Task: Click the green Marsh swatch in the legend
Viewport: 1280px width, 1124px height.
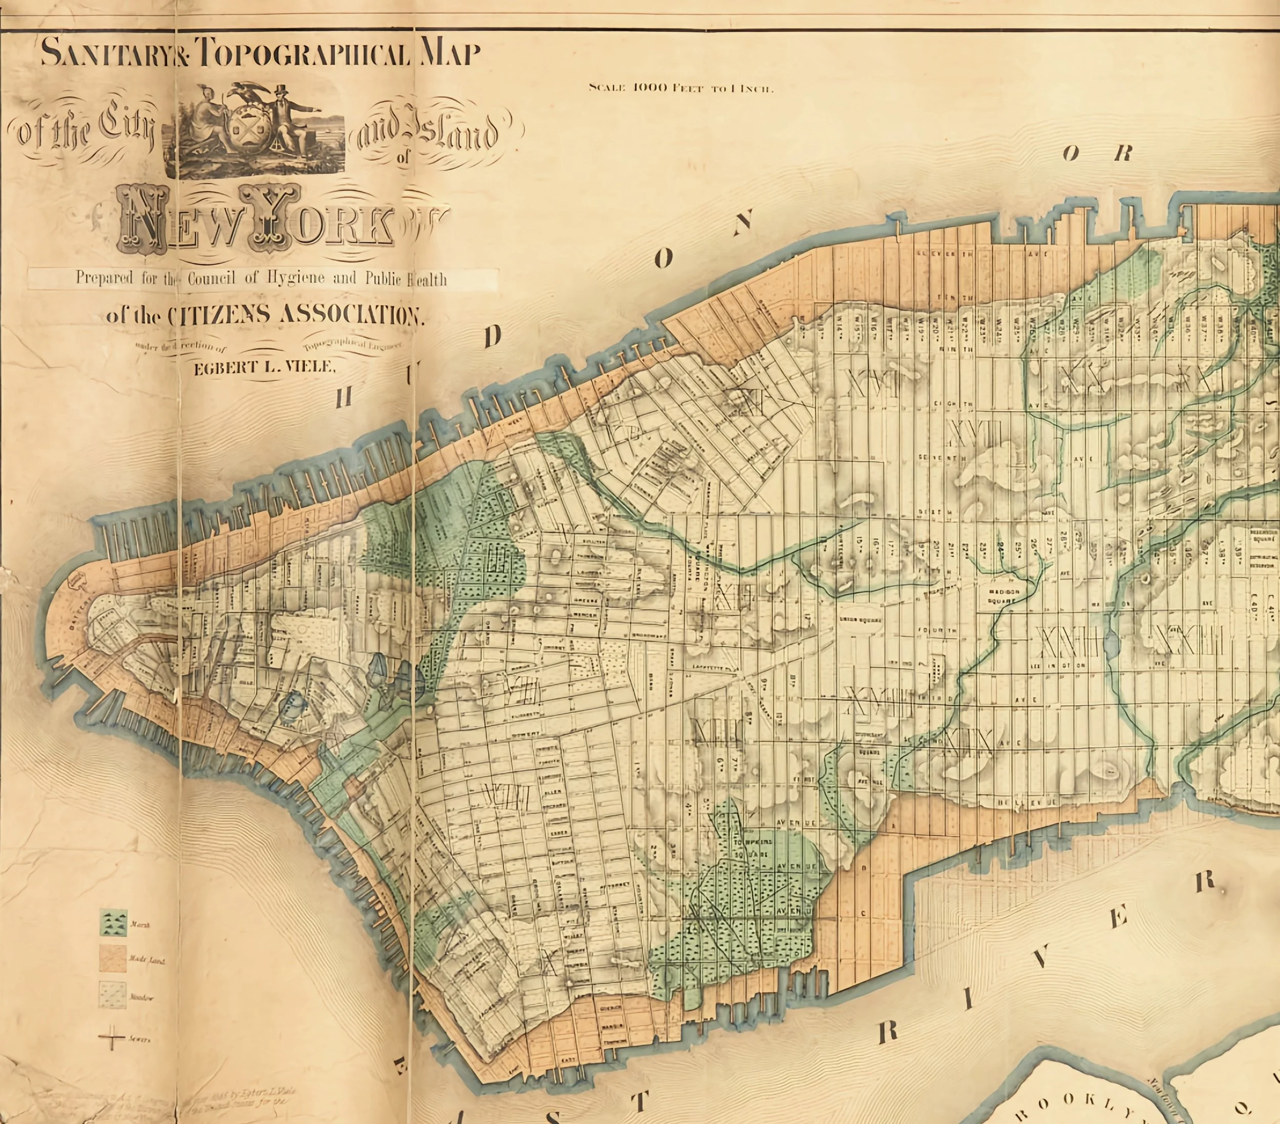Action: pyautogui.click(x=113, y=923)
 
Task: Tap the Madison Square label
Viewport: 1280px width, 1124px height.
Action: pyautogui.click(x=1006, y=593)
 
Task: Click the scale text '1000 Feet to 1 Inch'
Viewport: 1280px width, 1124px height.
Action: pyautogui.click(x=682, y=88)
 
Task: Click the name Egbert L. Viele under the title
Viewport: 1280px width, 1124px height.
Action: pyautogui.click(x=264, y=368)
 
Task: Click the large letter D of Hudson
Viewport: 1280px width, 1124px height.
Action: pyautogui.click(x=493, y=338)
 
